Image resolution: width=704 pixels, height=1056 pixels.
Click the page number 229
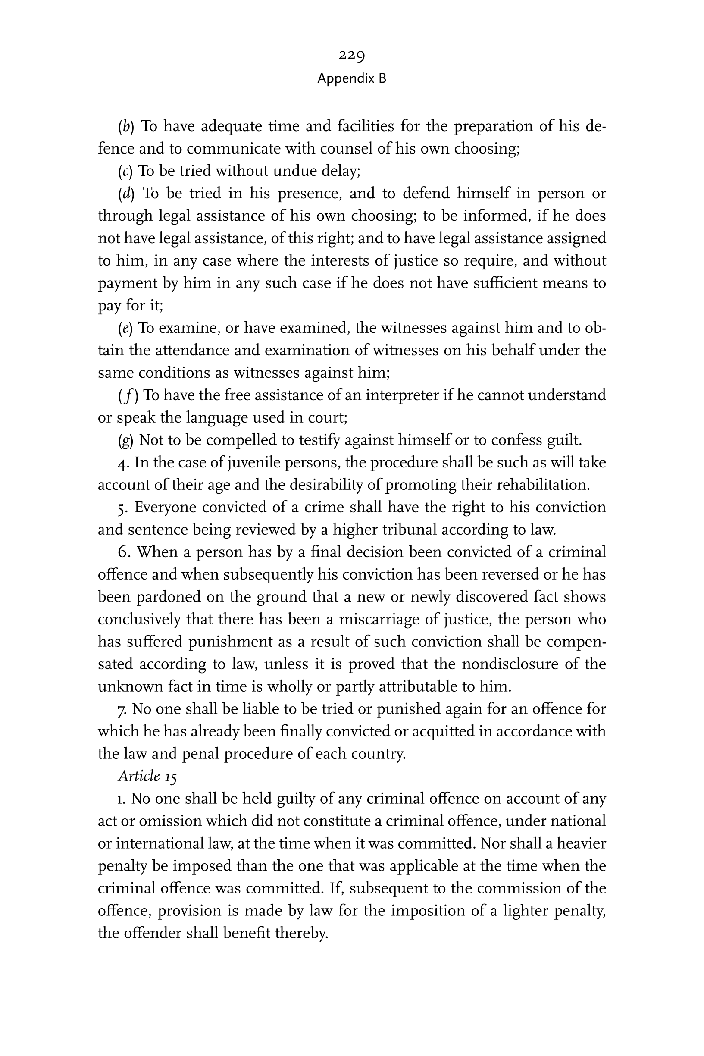[x=351, y=55]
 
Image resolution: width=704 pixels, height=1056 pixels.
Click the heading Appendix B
[x=351, y=78]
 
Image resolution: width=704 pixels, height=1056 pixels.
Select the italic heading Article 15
[x=147, y=776]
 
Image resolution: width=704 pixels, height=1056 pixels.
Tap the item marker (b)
[x=126, y=126]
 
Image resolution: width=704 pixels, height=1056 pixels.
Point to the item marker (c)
[x=125, y=171]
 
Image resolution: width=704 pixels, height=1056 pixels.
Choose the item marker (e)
[x=125, y=328]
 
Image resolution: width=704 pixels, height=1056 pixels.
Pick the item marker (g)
[x=126, y=440]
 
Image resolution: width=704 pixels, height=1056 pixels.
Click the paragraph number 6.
[x=124, y=552]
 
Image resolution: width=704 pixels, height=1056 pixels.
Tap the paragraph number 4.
[x=123, y=463]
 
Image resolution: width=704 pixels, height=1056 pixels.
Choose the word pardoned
[x=169, y=597]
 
